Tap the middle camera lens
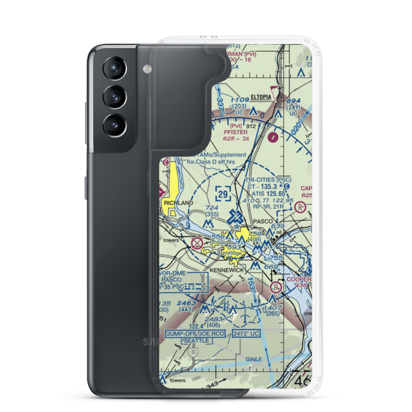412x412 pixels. coord(114,98)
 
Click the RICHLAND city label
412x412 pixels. coord(178,203)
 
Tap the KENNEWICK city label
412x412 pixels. coord(227,269)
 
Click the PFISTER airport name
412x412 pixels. coord(236,132)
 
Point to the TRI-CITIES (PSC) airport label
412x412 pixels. coord(268,180)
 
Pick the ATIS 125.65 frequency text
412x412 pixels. coord(267,193)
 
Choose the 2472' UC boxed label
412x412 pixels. coord(246,333)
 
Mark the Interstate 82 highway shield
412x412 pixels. coord(194,353)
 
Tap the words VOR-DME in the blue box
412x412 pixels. coord(175,273)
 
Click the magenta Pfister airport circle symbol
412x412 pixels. coord(272,137)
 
